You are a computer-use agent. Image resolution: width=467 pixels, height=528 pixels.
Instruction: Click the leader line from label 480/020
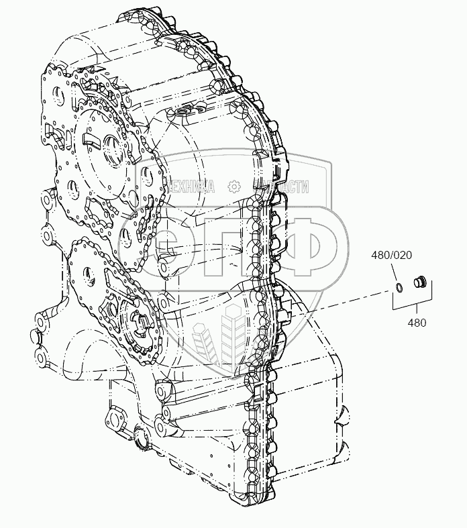click(x=396, y=273)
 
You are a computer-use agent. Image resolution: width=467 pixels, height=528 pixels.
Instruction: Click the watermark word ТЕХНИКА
click(x=189, y=187)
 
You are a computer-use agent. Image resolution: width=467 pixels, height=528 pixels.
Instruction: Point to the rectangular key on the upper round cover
click(x=90, y=140)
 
